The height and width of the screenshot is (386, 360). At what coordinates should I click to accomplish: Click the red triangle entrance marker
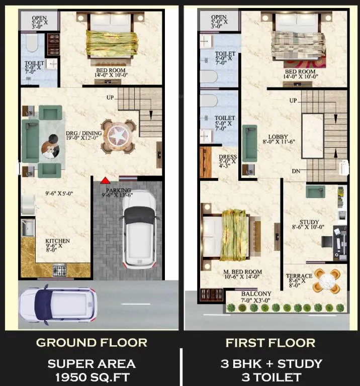[x=105, y=180]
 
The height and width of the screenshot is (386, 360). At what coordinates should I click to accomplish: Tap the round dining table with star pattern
[x=119, y=136]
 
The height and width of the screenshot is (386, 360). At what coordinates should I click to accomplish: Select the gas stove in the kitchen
[x=60, y=270]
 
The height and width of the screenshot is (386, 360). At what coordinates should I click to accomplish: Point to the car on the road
[x=58, y=305]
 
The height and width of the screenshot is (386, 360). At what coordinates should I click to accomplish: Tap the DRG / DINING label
[x=84, y=133]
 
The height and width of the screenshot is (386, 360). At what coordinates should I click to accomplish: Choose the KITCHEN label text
[x=58, y=241]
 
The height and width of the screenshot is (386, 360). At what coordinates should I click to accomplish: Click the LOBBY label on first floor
[x=278, y=137]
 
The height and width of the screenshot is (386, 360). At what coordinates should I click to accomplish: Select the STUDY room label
[x=309, y=222]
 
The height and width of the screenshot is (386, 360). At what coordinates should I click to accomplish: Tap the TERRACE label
[x=299, y=276]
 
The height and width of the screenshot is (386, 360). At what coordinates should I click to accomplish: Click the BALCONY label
[x=256, y=294]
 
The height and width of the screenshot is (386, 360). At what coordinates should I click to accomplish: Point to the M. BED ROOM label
[x=242, y=272]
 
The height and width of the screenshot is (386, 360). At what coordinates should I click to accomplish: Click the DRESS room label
[x=228, y=157]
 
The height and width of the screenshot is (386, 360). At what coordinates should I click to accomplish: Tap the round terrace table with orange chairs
[x=326, y=281]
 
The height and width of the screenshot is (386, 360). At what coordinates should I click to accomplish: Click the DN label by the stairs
[x=296, y=171]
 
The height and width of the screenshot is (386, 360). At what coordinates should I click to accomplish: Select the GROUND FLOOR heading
[x=92, y=343]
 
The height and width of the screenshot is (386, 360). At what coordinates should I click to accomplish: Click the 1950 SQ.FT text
[x=93, y=377]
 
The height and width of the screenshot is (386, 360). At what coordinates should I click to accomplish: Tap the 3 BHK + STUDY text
[x=272, y=364]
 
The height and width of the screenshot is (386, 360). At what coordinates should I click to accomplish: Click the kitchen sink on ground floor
[x=28, y=228]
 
